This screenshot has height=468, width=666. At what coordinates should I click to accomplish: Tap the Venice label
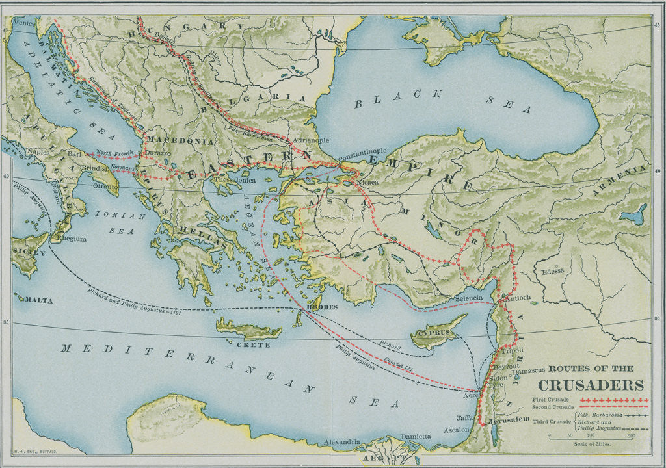tap(23, 23)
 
